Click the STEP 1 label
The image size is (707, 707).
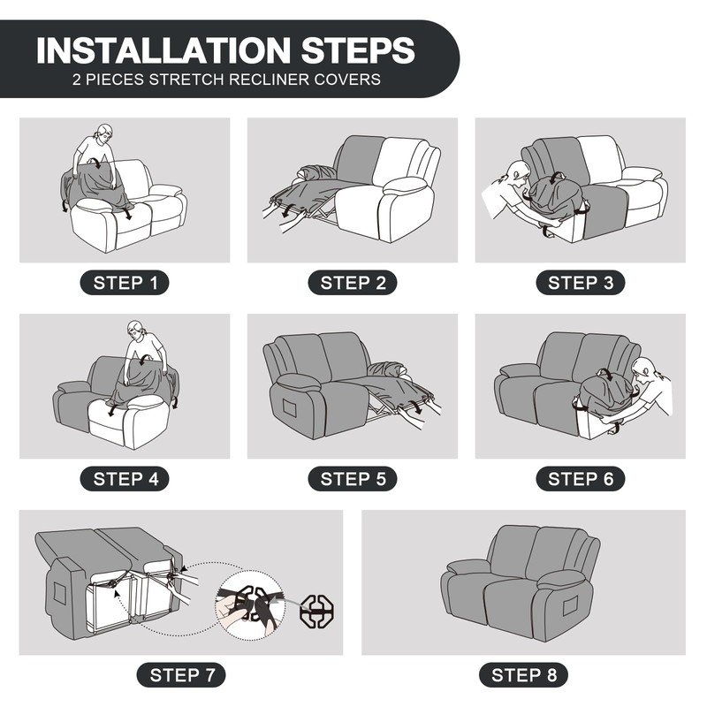click(125, 283)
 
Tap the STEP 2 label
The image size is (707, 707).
click(353, 283)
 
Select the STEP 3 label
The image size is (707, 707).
click(581, 283)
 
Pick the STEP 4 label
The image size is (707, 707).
click(125, 479)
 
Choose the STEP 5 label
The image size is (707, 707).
click(353, 479)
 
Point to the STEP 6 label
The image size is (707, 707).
click(581, 479)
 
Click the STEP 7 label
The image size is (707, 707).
click(181, 675)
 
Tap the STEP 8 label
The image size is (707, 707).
click(523, 675)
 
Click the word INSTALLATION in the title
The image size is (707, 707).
click(163, 50)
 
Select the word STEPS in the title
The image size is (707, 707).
click(358, 50)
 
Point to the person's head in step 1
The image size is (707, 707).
click(103, 133)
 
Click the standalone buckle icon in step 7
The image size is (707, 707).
click(317, 611)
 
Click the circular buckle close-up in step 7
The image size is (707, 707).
click(250, 604)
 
